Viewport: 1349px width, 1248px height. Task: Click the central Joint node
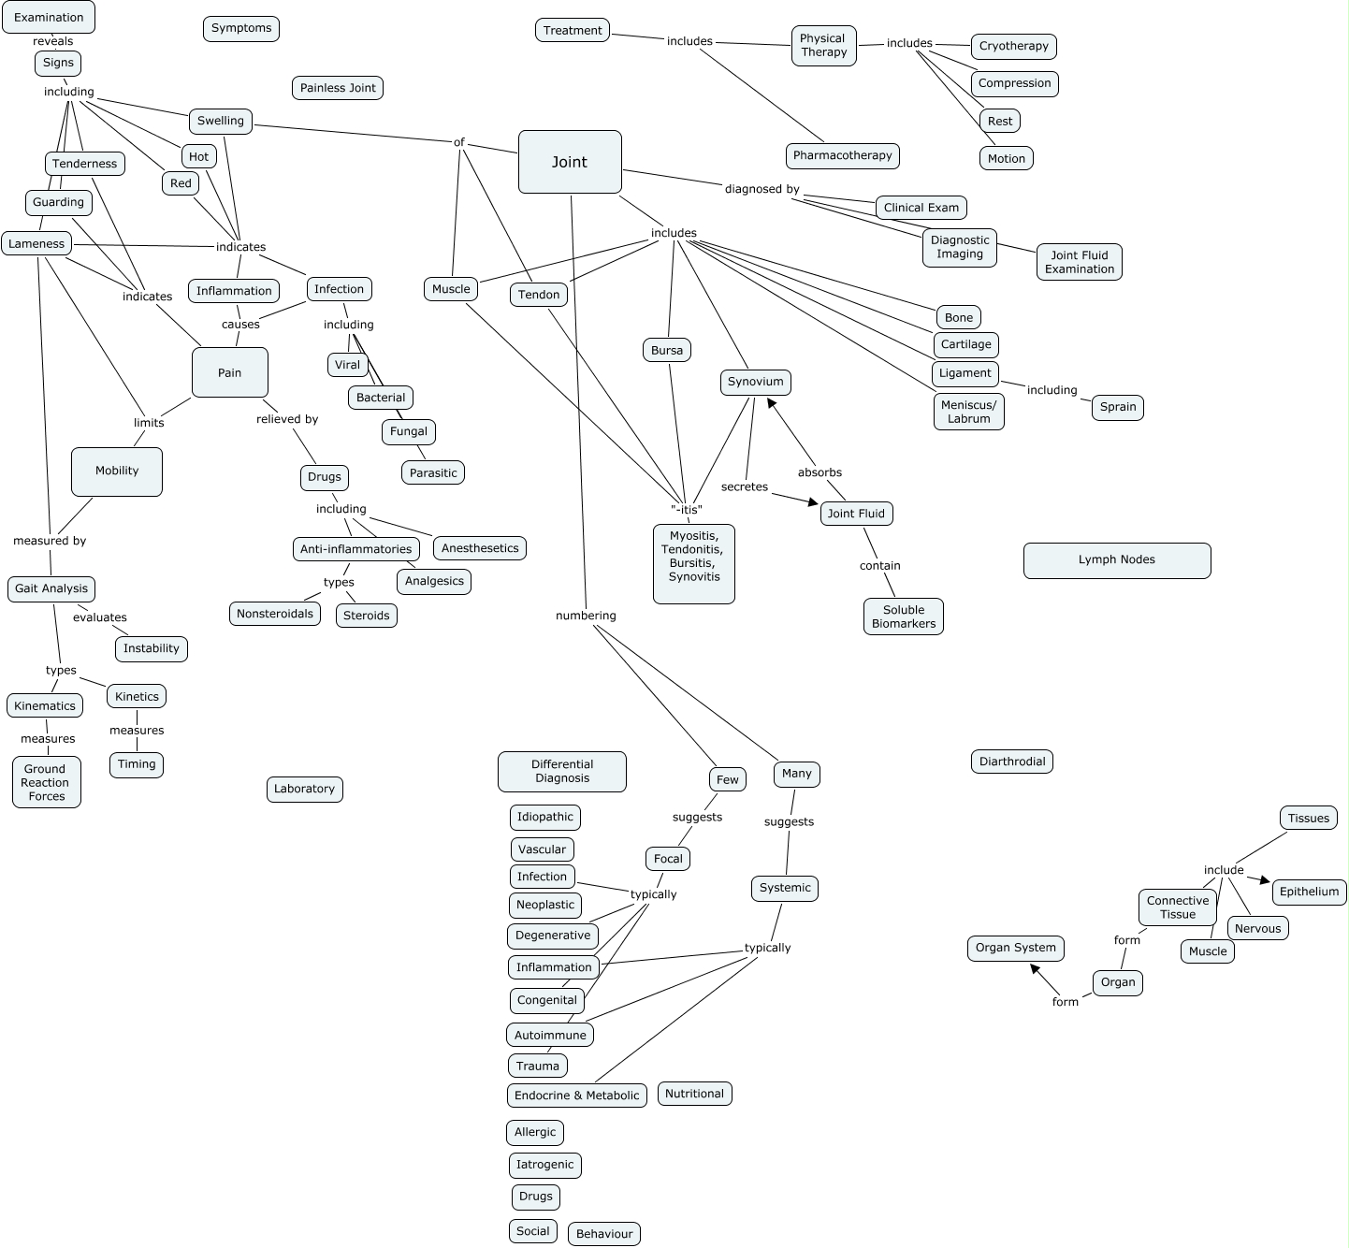570,162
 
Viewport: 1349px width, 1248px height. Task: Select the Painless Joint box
338,88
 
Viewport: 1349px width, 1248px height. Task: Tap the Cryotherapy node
1014,46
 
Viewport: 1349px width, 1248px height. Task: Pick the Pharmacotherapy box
842,155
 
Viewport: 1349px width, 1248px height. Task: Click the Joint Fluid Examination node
1079,262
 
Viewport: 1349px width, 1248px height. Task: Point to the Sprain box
1118,407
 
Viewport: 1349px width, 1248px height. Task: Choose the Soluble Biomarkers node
904,617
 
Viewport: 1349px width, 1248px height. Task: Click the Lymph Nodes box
1117,560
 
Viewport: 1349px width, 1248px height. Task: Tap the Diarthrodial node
1012,762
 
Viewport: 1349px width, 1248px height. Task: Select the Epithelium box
1309,892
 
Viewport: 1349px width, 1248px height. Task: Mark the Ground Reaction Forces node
47,782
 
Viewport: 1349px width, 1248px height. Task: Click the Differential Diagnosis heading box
562,771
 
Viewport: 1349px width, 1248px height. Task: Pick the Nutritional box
694,1094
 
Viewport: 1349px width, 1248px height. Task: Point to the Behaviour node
604,1234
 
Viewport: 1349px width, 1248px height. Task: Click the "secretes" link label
745,486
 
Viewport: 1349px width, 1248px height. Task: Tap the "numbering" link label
586,616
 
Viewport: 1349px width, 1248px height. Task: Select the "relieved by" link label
287,419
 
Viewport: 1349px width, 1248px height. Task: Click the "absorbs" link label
820,472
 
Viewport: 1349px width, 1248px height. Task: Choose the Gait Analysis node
51,588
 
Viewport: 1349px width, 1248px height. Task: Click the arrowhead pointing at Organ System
1036,970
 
